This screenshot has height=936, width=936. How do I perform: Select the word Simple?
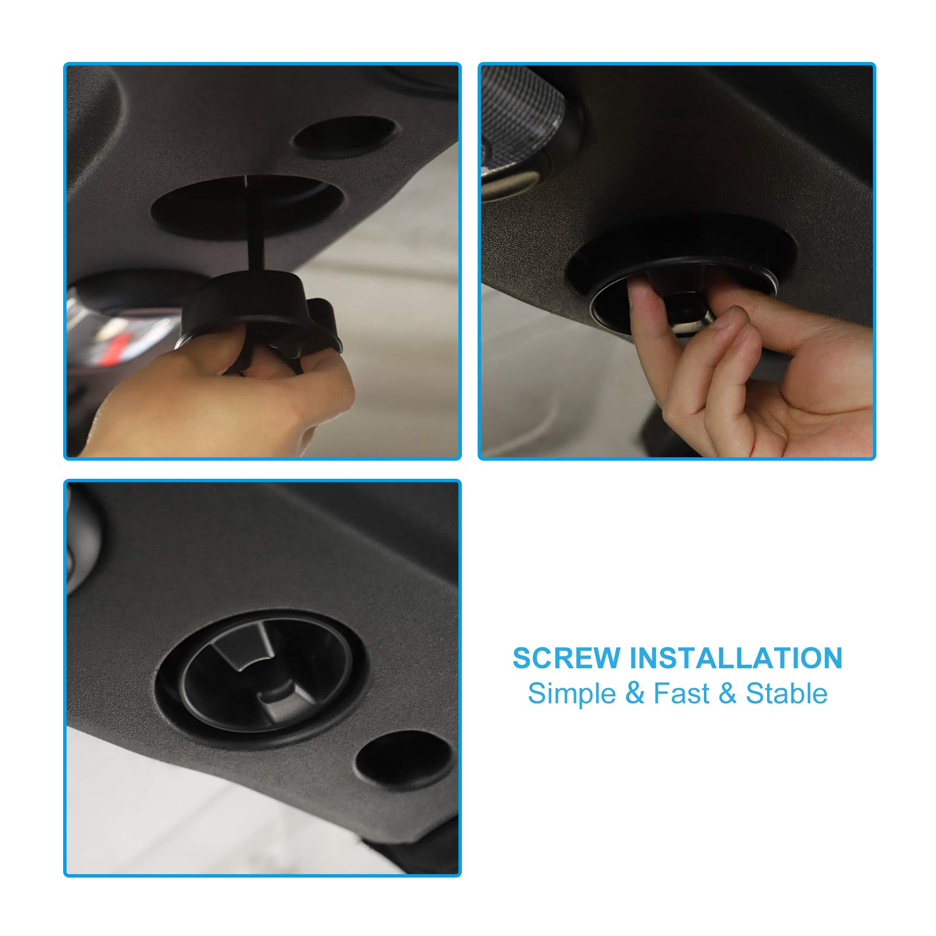[x=564, y=694]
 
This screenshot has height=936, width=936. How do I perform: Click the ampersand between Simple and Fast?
[x=634, y=694]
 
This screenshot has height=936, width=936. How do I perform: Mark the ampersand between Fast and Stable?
[x=727, y=694]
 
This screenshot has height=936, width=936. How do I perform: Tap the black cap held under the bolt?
[x=246, y=298]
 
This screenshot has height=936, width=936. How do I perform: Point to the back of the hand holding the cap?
[x=193, y=403]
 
